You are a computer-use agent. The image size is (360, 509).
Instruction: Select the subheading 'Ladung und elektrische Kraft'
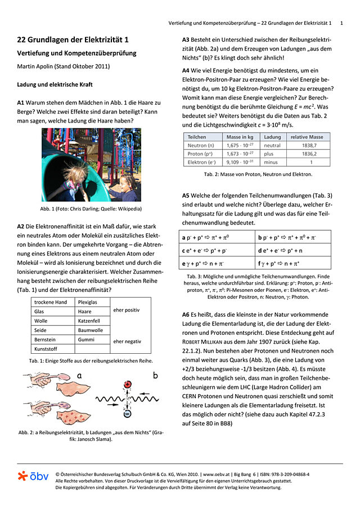pyautogui.click(x=55, y=84)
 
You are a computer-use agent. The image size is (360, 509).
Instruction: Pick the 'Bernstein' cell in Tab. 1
pyautogui.click(x=46, y=340)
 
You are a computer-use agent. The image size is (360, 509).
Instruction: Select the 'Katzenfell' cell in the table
pyautogui.click(x=91, y=321)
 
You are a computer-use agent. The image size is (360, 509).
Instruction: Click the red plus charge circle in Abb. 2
pyautogui.click(x=127, y=384)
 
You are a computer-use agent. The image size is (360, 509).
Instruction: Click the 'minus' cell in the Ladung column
pyautogui.click(x=272, y=162)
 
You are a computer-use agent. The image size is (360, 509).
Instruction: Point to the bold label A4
pyautogui.click(x=186, y=71)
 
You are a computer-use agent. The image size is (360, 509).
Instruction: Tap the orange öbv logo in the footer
pyautogui.click(x=34, y=476)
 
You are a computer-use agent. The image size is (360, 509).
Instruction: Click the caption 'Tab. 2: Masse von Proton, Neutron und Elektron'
pyautogui.click(x=257, y=174)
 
